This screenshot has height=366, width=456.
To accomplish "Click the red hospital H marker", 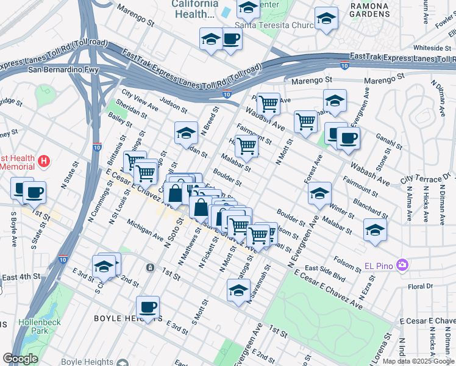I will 43,162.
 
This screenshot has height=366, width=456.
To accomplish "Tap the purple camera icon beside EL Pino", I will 401,265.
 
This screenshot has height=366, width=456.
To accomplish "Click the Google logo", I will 20,359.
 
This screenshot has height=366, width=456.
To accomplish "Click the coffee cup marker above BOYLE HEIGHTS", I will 148,307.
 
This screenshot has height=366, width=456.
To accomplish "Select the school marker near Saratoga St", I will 238,290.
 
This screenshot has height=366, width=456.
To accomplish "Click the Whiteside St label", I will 432,48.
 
